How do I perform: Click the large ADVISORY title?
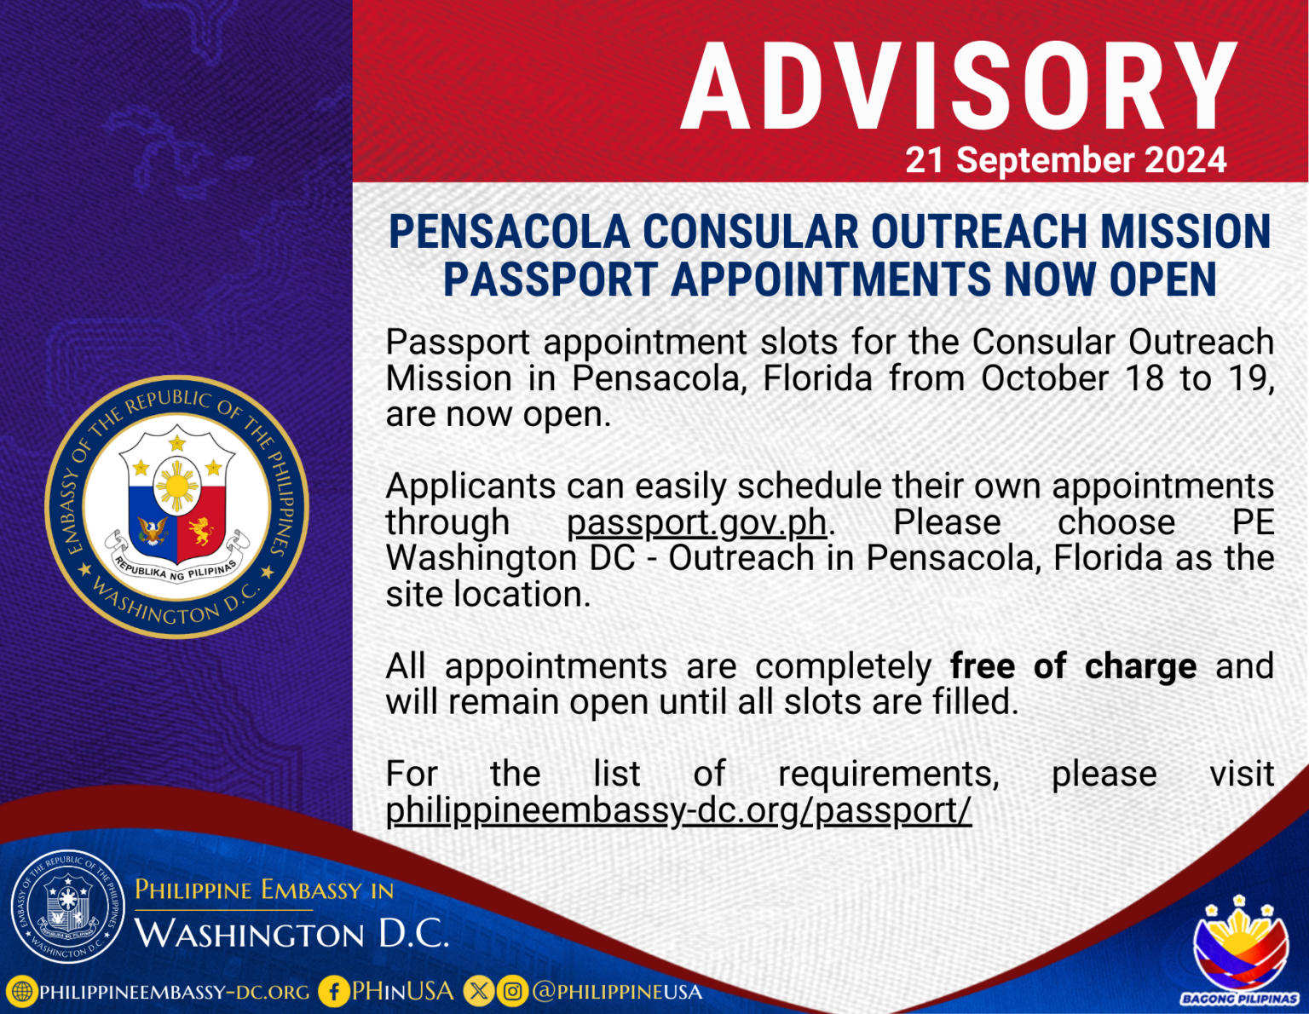coord(959,88)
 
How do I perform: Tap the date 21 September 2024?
coord(1065,160)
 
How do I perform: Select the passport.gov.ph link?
coord(696,522)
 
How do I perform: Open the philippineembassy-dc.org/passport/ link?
coord(678,810)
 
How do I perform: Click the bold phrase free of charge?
coord(1073,666)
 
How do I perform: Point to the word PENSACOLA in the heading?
coord(509,232)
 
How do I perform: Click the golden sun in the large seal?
coord(177,487)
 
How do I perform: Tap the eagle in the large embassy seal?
coord(153,531)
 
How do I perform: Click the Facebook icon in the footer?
coord(333,992)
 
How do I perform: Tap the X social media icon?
coord(479,992)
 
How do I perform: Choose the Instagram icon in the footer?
coord(512,992)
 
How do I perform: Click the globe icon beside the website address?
coord(21,992)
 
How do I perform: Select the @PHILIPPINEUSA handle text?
coord(617,992)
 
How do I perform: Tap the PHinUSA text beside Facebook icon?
coord(403,991)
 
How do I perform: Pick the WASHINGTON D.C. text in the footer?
coord(291,934)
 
